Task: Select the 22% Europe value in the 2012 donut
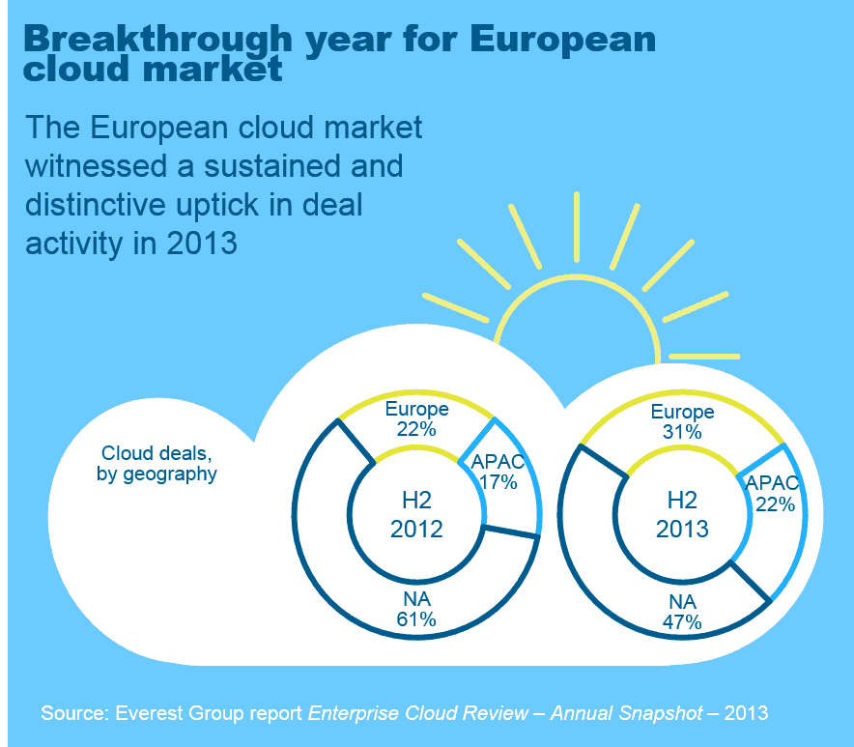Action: [415, 427]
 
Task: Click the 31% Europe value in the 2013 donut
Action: [682, 432]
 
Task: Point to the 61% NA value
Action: [416, 619]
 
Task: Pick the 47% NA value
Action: [682, 622]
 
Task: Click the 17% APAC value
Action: [498, 481]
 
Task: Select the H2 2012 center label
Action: [416, 514]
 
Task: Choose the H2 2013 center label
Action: [682, 514]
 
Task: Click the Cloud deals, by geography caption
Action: [157, 464]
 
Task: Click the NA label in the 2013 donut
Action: [682, 603]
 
